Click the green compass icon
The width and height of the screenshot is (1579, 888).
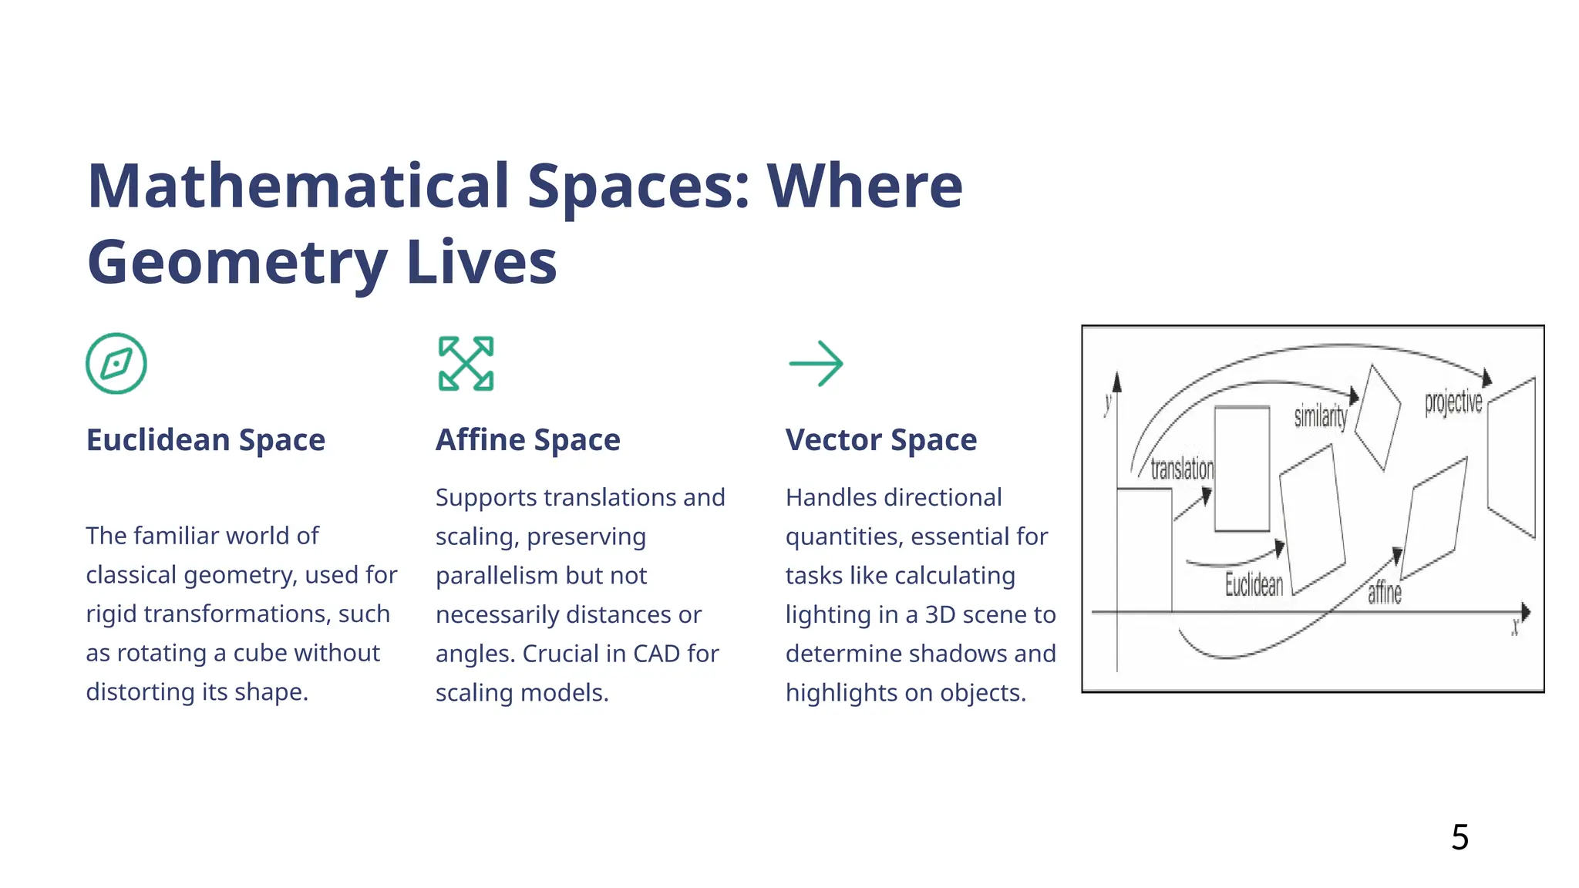pyautogui.click(x=116, y=363)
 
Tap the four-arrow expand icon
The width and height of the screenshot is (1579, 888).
pyautogui.click(x=466, y=363)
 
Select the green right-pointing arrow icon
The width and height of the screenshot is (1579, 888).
pyautogui.click(x=816, y=363)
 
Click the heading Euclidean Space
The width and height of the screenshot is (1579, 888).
pyautogui.click(x=205, y=439)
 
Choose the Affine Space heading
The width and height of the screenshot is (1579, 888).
pyautogui.click(x=527, y=439)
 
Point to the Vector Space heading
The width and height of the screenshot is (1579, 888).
pyautogui.click(x=880, y=439)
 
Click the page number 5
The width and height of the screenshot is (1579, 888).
pyautogui.click(x=1459, y=837)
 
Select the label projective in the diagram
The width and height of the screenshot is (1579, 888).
pyautogui.click(x=1453, y=402)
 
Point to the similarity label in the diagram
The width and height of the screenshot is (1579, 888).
pyautogui.click(x=1320, y=416)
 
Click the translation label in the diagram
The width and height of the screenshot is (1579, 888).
pyautogui.click(x=1181, y=469)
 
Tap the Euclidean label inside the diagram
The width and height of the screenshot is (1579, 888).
pyautogui.click(x=1254, y=585)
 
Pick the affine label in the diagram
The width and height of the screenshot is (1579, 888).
pyautogui.click(x=1384, y=593)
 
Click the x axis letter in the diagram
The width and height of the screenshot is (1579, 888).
pyautogui.click(x=1515, y=627)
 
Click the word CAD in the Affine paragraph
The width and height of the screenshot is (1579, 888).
pyautogui.click(x=657, y=654)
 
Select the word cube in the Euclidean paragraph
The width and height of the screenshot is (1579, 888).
pyautogui.click(x=264, y=653)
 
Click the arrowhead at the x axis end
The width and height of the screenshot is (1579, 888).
pyautogui.click(x=1525, y=612)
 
